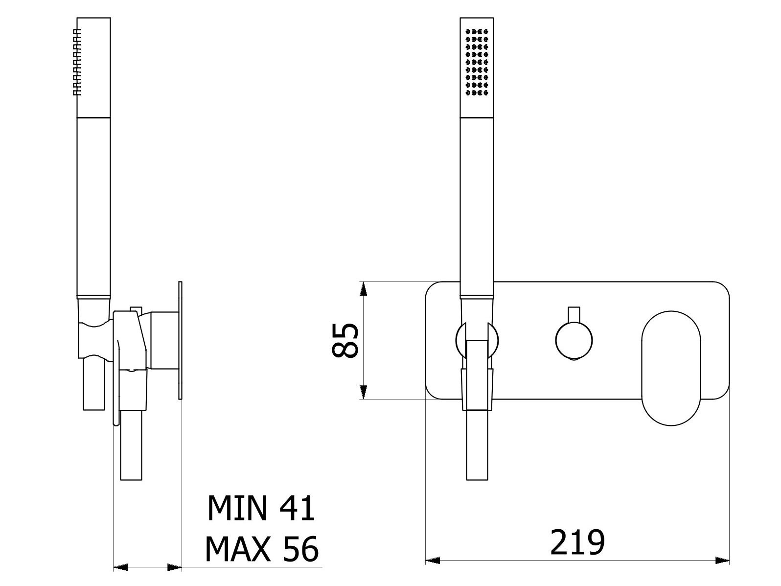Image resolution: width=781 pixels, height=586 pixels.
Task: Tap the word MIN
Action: (237, 508)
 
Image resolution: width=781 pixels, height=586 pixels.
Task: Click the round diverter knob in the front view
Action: (574, 340)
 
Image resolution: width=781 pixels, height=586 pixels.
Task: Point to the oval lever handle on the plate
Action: (671, 368)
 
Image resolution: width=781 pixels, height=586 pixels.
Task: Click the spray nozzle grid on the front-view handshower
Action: (477, 62)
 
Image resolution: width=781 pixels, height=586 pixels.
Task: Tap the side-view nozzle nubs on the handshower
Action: (77, 62)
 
